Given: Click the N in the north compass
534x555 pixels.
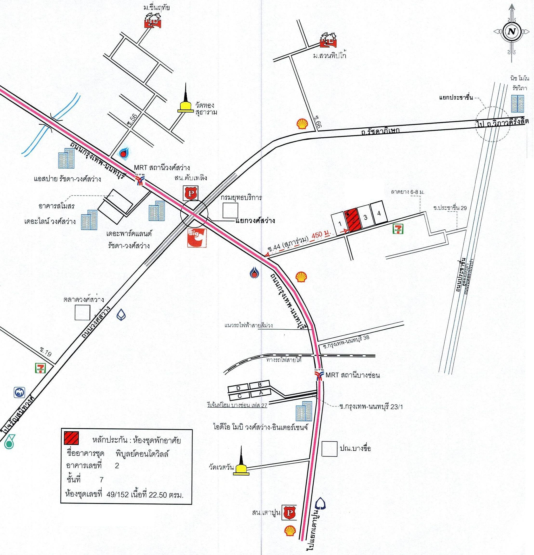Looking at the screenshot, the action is (511, 32).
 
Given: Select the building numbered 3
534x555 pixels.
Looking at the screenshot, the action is (365, 217).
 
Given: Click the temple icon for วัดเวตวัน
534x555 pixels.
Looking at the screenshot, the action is (241, 463).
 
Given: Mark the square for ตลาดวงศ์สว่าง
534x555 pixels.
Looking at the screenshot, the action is (82, 312).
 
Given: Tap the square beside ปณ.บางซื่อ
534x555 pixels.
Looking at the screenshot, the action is (330, 449).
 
